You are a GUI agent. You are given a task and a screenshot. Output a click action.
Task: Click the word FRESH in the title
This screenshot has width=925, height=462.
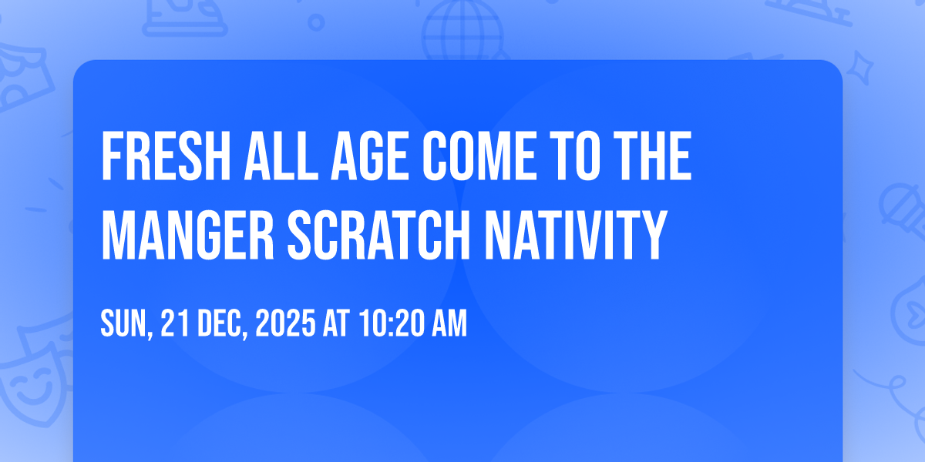tap(166, 156)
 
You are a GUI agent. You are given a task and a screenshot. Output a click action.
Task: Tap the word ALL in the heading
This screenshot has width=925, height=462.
tap(281, 156)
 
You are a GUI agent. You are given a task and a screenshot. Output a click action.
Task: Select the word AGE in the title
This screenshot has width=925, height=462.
tap(369, 156)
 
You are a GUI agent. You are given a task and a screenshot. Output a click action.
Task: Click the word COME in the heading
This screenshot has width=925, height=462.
tap(479, 156)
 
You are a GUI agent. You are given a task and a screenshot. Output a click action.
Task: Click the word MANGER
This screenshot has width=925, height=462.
tap(188, 235)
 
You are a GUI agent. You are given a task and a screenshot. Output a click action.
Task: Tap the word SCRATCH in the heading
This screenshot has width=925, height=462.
tap(379, 235)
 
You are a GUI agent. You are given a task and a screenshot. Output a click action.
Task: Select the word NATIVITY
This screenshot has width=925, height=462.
tap(576, 235)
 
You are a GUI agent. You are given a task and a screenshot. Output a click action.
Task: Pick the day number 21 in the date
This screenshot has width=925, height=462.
tap(175, 323)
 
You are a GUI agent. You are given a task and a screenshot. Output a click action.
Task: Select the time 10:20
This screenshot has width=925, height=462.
tap(392, 323)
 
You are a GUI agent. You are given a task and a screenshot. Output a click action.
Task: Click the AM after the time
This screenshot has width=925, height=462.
tap(449, 323)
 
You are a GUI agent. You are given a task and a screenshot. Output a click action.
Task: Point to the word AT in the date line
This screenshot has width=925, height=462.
tap(337, 323)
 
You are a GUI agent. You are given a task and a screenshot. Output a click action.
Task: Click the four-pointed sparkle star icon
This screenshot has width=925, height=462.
tap(859, 68)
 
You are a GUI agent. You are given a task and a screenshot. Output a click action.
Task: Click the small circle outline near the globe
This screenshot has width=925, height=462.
tap(316, 22)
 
